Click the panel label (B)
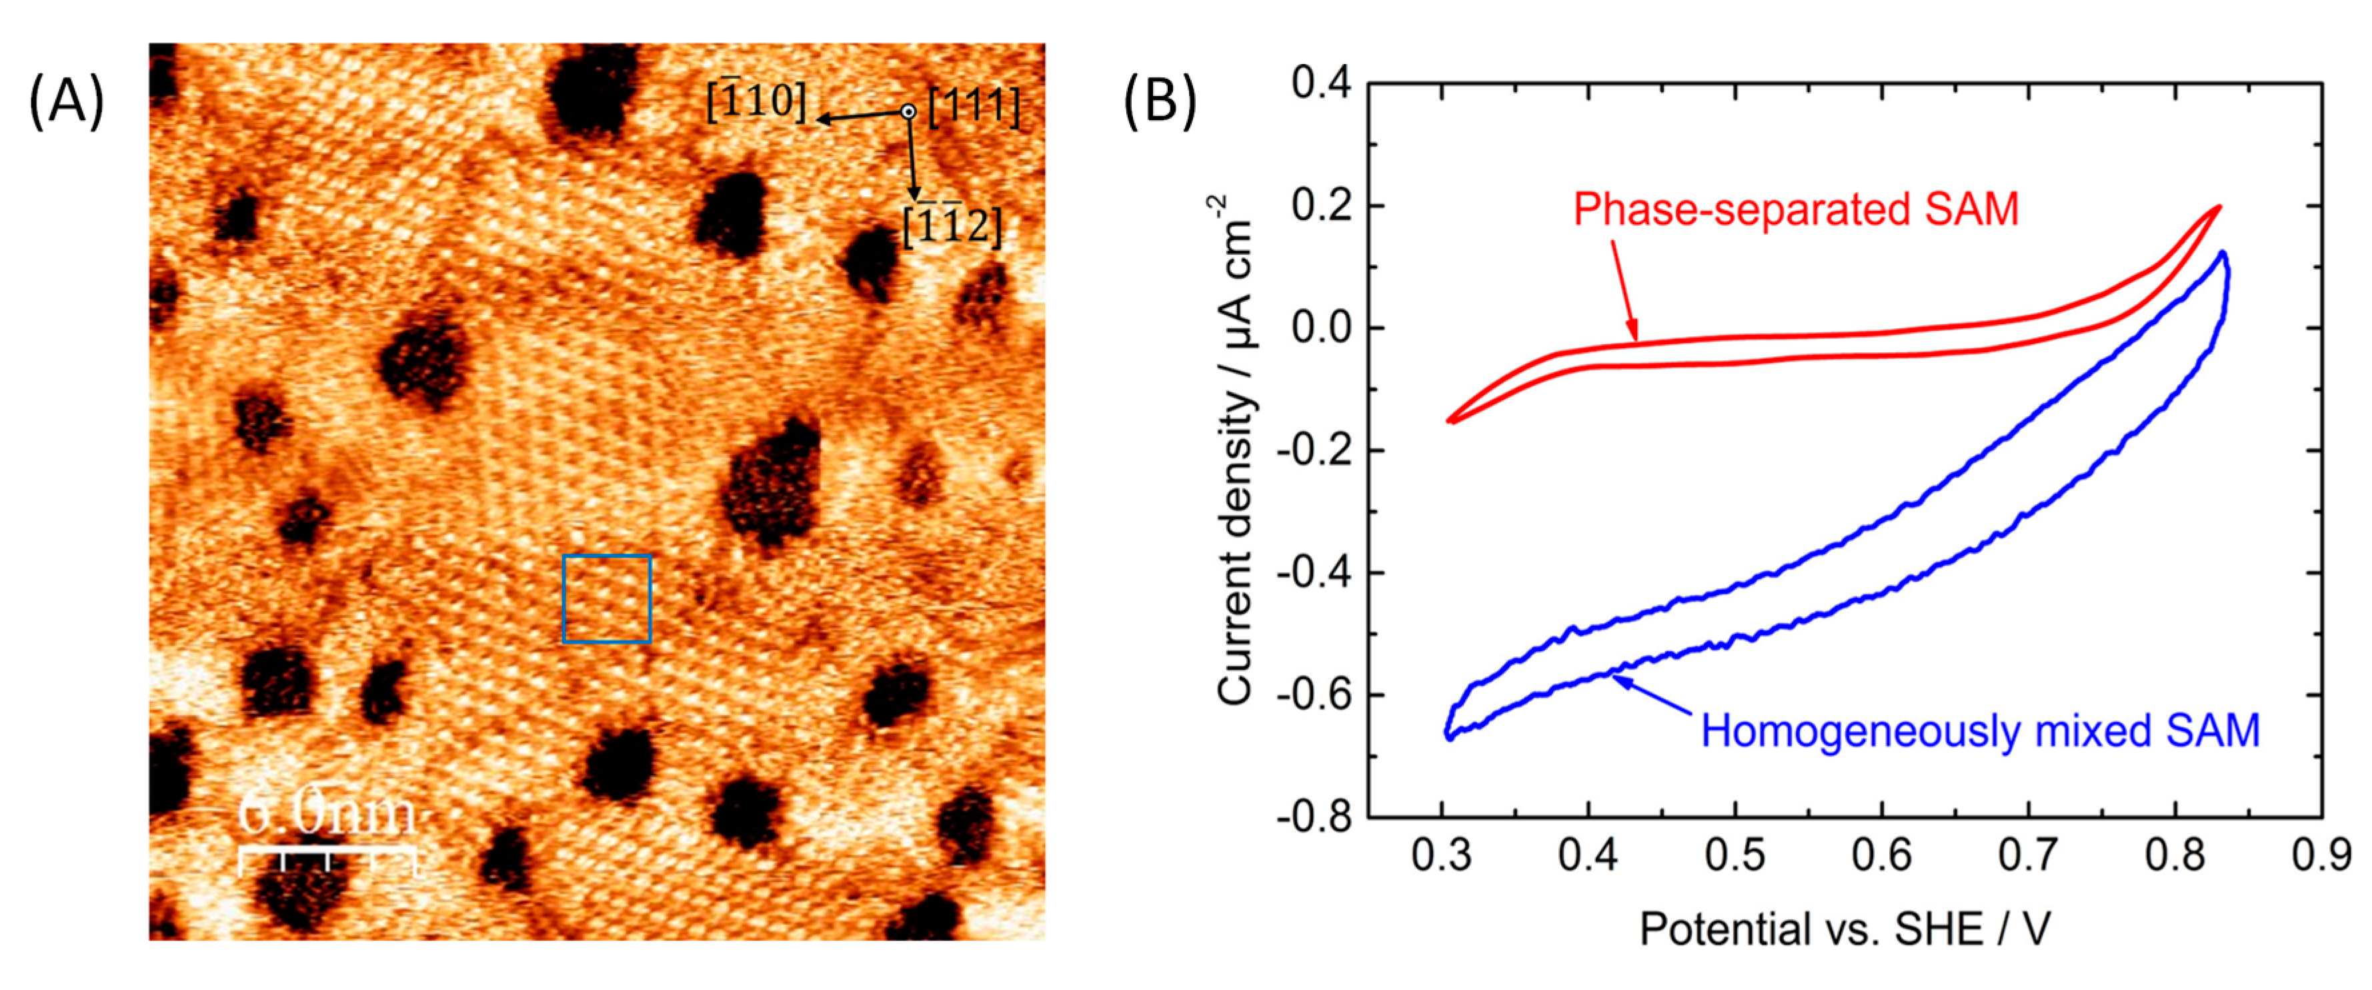(1159, 101)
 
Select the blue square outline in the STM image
(607, 598)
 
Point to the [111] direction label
(974, 107)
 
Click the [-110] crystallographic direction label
(755, 101)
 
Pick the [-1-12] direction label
(951, 225)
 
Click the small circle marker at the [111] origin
(908, 111)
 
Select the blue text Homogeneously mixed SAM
(1980, 731)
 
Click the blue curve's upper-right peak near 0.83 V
(2222, 254)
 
